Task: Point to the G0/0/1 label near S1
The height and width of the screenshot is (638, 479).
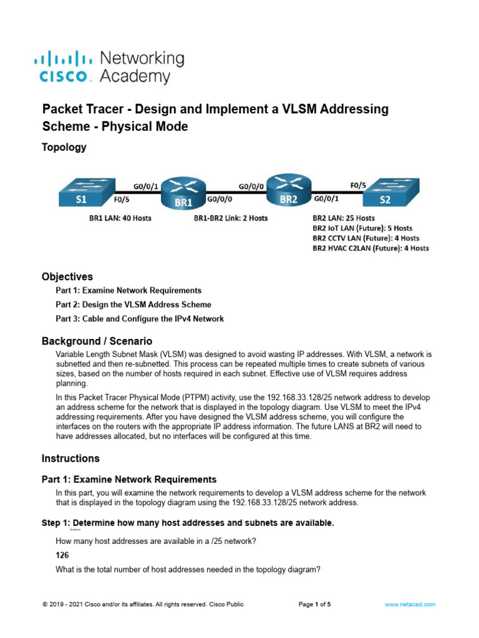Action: pos(145,185)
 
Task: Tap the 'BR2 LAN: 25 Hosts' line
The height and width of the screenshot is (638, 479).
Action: pos(343,218)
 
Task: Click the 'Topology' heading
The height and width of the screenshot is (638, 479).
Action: pos(64,148)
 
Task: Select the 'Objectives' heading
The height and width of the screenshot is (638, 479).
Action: pos(67,276)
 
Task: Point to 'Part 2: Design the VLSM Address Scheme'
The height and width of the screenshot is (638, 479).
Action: pos(133,305)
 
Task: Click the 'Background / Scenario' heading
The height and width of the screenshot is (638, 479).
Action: pos(97,341)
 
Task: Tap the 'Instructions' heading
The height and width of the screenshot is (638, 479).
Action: pos(70,458)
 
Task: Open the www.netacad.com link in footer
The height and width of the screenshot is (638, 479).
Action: pos(410,604)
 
